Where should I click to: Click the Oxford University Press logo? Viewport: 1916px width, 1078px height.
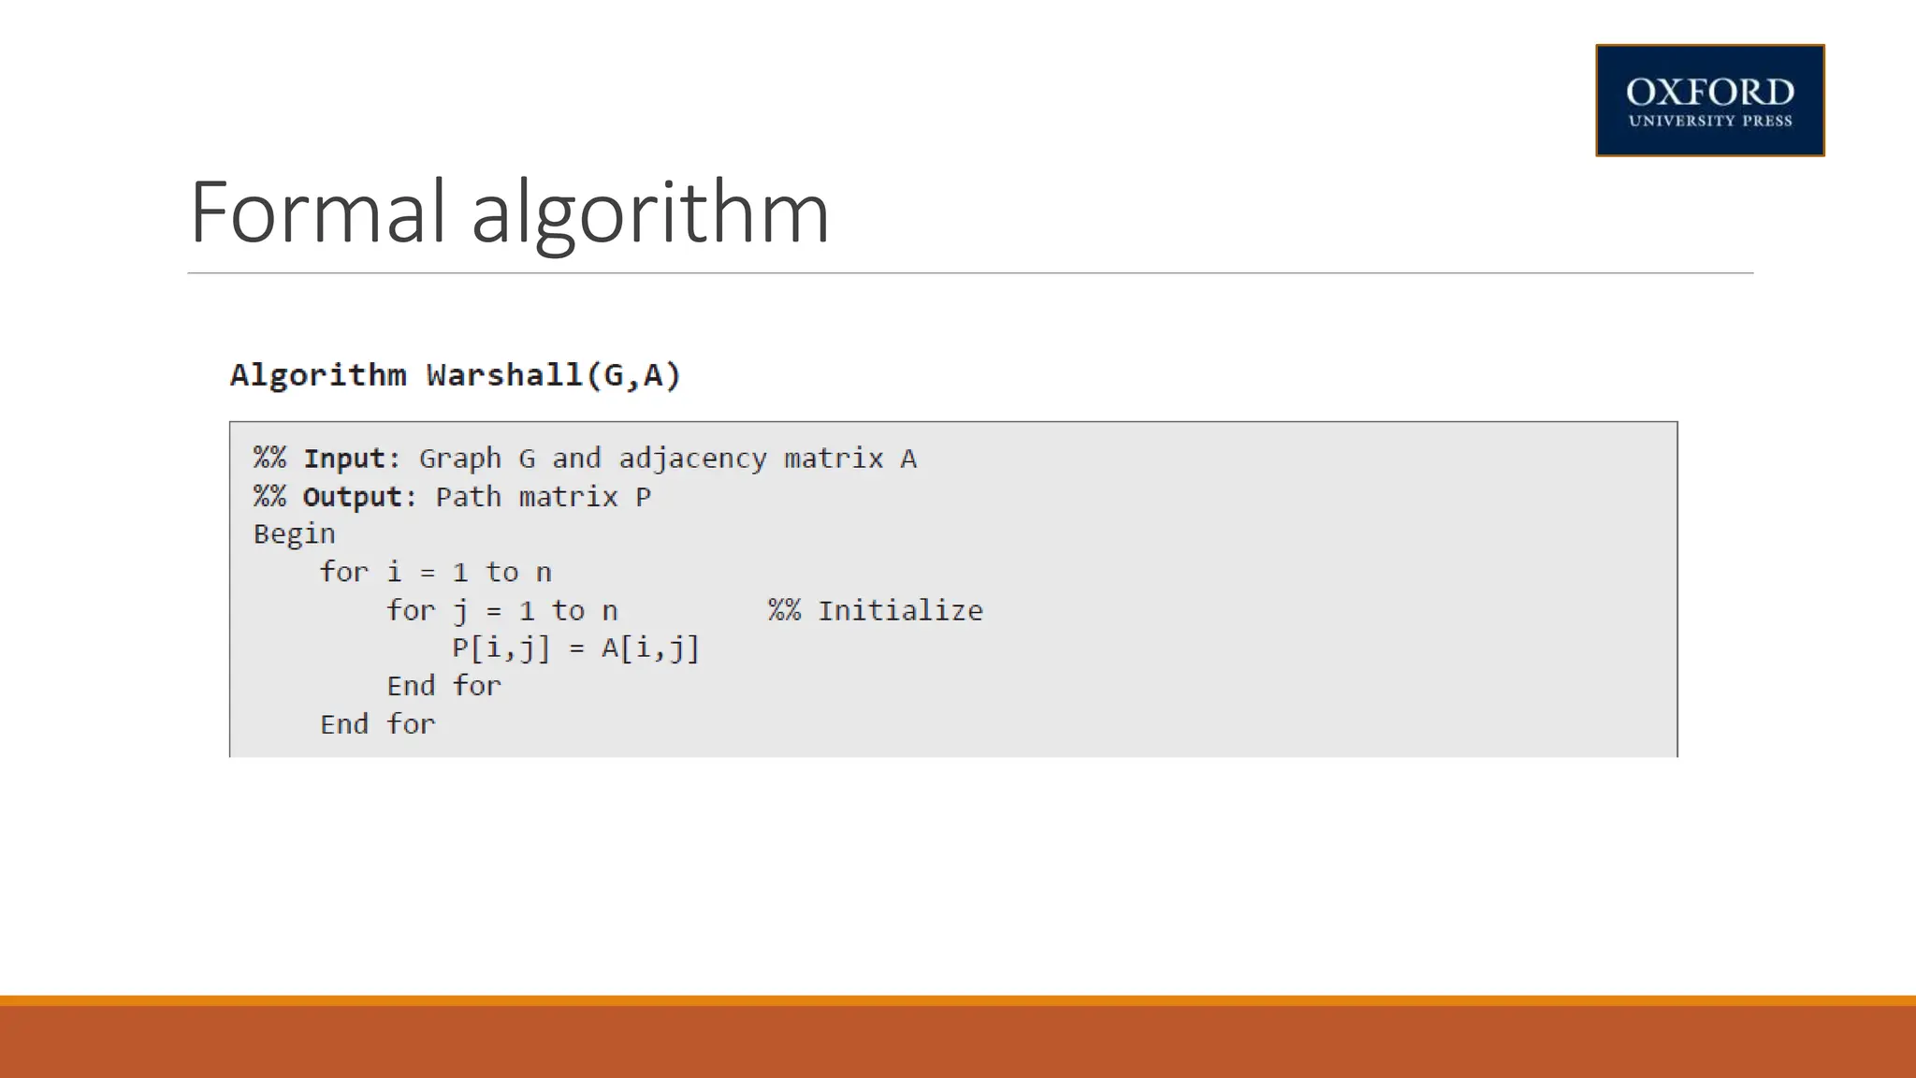coord(1709,100)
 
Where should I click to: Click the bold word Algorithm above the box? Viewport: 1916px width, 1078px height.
coord(318,375)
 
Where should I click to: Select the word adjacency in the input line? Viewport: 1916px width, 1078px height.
coord(692,459)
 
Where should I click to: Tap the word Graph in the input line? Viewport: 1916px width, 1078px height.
coord(459,459)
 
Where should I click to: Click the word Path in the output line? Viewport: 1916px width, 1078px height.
coord(468,497)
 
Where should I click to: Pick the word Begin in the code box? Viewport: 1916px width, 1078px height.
coord(294,534)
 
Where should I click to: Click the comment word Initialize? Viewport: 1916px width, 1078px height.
coord(900,611)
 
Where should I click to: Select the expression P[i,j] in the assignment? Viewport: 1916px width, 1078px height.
coord(501,648)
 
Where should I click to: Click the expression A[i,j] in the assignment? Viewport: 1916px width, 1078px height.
coord(649,648)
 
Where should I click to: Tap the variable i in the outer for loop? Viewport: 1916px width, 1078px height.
coord(394,572)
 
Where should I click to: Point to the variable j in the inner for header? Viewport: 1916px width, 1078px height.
coord(459,611)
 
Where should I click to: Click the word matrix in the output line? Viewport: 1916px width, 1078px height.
coord(568,497)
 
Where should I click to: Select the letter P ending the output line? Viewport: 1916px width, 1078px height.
coord(643,497)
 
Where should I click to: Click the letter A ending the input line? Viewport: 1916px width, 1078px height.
coord(908,459)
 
